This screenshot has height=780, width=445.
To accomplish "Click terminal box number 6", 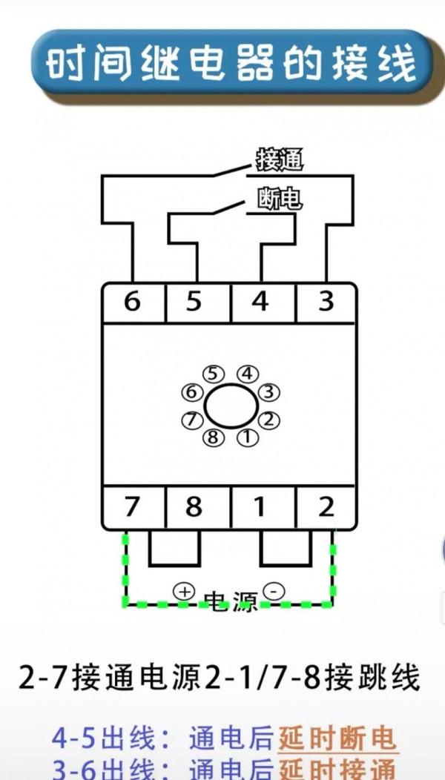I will (132, 303).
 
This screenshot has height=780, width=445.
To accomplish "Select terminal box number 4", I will (261, 303).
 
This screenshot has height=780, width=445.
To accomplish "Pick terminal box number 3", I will (326, 303).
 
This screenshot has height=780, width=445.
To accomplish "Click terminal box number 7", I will (132, 507).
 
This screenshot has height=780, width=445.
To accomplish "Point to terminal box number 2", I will (326, 507).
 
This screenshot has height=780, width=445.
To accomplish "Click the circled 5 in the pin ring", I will (214, 373).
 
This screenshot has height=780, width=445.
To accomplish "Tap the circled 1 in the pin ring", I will (247, 437).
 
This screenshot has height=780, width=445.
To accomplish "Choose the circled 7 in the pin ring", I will (192, 420).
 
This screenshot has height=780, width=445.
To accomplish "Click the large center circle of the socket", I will (231, 406).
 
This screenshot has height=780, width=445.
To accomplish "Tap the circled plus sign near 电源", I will (184, 591).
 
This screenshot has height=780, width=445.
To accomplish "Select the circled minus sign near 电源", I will (274, 591).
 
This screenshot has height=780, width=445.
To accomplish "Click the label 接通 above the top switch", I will (280, 159).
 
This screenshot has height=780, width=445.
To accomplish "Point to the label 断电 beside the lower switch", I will (280, 199).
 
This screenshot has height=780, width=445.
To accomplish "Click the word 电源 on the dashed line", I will (229, 602).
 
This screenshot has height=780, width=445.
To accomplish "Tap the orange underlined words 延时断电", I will (337, 738).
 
